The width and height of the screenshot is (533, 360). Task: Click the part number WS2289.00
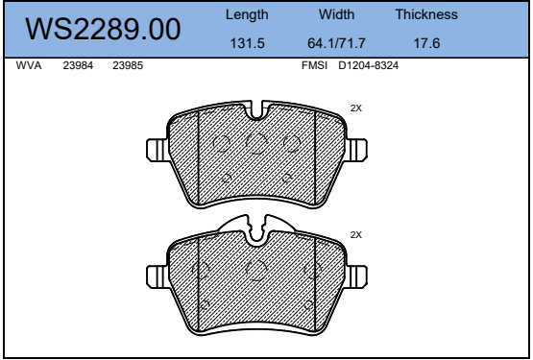click(103, 29)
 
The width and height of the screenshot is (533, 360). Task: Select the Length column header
click(247, 15)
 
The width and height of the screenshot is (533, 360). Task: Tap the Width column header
click(336, 14)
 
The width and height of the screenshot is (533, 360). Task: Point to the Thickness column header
click(426, 14)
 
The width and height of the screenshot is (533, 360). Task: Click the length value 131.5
click(247, 43)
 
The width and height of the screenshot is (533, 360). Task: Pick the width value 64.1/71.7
click(336, 43)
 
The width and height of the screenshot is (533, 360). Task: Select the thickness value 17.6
click(426, 43)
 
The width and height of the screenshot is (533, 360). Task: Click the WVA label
click(29, 65)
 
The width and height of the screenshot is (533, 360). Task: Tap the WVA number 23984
click(78, 65)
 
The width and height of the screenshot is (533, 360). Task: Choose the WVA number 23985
click(128, 65)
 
